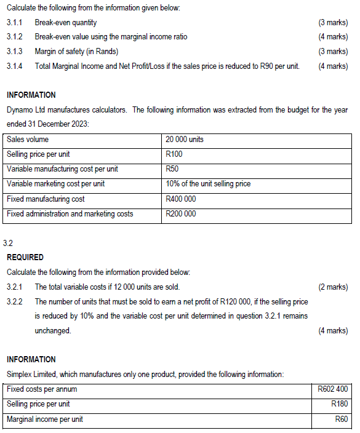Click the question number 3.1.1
(14, 23)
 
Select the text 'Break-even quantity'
(66, 23)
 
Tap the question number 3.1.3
(14, 51)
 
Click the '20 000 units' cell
(185, 140)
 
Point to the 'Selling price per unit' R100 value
(175, 154)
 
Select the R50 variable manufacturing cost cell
(173, 169)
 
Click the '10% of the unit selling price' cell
(208, 184)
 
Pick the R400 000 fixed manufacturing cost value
(182, 199)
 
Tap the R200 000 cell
(182, 214)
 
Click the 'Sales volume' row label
(28, 140)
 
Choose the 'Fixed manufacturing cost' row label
(46, 199)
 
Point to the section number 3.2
(8, 244)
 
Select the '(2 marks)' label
(333, 287)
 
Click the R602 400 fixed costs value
(332, 389)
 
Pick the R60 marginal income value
(341, 419)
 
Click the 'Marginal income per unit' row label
(44, 419)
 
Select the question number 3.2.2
(14, 301)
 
